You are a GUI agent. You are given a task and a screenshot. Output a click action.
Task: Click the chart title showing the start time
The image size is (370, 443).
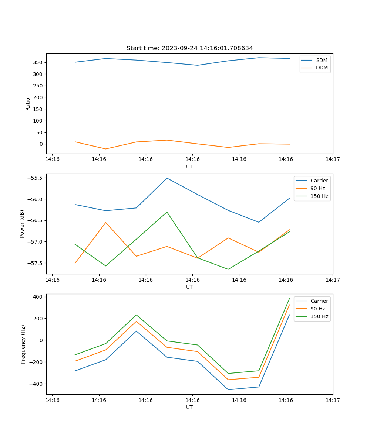(x=189, y=48)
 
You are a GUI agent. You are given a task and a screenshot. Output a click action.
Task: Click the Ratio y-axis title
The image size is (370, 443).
(x=28, y=104)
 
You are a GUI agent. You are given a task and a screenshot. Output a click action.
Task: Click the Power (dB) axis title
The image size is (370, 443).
(x=22, y=224)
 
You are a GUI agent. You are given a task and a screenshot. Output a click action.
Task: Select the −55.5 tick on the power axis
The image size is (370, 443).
(x=35, y=178)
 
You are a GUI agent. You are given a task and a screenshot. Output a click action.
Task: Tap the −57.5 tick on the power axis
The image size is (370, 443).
(x=35, y=263)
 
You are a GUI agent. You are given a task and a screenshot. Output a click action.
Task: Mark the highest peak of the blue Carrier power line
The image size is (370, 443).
(x=167, y=178)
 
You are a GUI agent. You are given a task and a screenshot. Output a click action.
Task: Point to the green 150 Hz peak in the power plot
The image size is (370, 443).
(x=167, y=212)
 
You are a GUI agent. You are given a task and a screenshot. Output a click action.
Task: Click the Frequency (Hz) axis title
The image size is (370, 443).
(x=23, y=344)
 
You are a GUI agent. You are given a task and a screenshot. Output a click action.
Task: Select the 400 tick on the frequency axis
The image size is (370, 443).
(x=38, y=297)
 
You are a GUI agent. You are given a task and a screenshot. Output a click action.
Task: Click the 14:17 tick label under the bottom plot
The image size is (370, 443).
(x=332, y=400)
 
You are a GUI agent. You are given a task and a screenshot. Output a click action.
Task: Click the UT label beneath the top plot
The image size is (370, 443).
(x=189, y=166)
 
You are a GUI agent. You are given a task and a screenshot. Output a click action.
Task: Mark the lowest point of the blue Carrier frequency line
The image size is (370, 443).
(x=228, y=390)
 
